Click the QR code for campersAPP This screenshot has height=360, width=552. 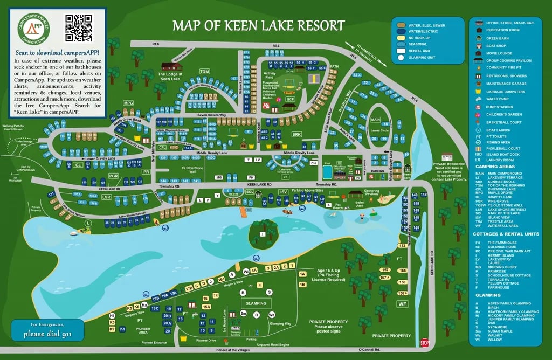(79, 28)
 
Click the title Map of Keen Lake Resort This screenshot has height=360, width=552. (258, 25)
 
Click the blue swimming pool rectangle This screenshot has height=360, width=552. (327, 172)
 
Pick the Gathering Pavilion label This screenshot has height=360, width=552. (371, 192)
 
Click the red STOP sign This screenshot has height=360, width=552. (424, 343)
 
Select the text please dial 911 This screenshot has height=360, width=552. (47, 334)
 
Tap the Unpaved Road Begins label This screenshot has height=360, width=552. (273, 344)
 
